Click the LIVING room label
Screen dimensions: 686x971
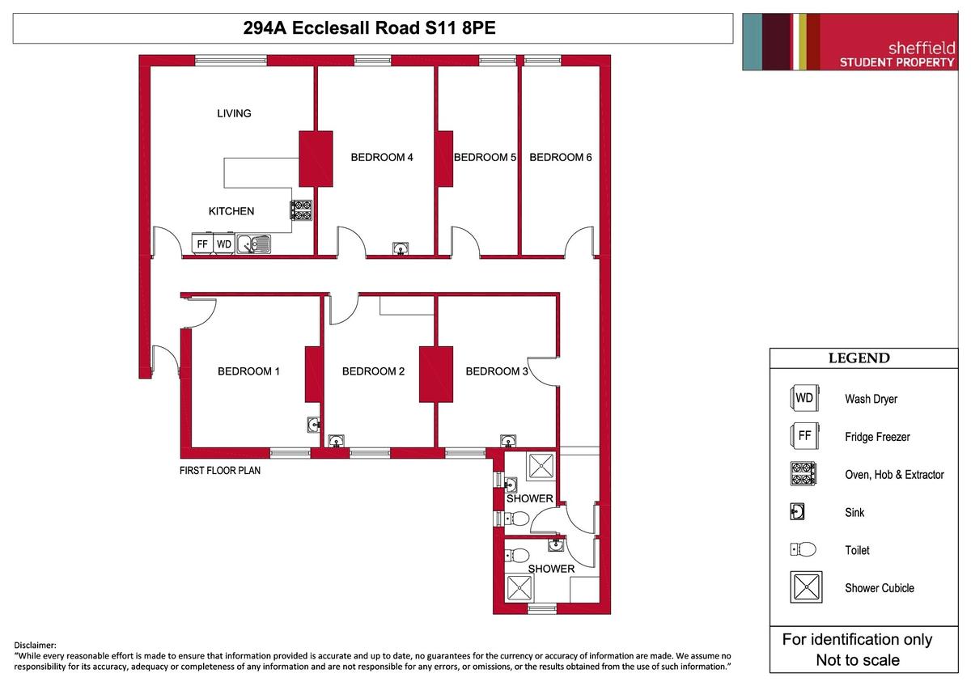[x=234, y=113]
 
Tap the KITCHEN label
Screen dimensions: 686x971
[x=231, y=211]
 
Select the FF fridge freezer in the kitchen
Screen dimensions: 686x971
[x=202, y=243]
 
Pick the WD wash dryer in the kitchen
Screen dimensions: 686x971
[x=224, y=243]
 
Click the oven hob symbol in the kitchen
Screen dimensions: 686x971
[x=302, y=210]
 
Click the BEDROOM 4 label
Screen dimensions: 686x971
[x=382, y=158]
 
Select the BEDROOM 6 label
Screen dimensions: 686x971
[x=560, y=158]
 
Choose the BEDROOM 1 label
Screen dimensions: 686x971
[x=248, y=371]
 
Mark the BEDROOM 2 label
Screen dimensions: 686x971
[x=373, y=371]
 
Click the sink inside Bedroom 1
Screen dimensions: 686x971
[x=314, y=422]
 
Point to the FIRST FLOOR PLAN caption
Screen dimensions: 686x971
[x=220, y=470]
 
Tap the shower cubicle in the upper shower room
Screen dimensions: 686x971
[x=541, y=467]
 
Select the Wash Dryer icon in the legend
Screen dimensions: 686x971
[x=804, y=398]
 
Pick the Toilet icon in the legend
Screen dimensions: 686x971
[x=804, y=549]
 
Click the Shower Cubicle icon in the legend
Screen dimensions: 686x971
[x=806, y=587]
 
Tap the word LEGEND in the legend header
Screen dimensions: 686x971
[x=859, y=358]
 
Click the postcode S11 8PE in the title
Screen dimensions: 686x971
[x=460, y=28]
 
